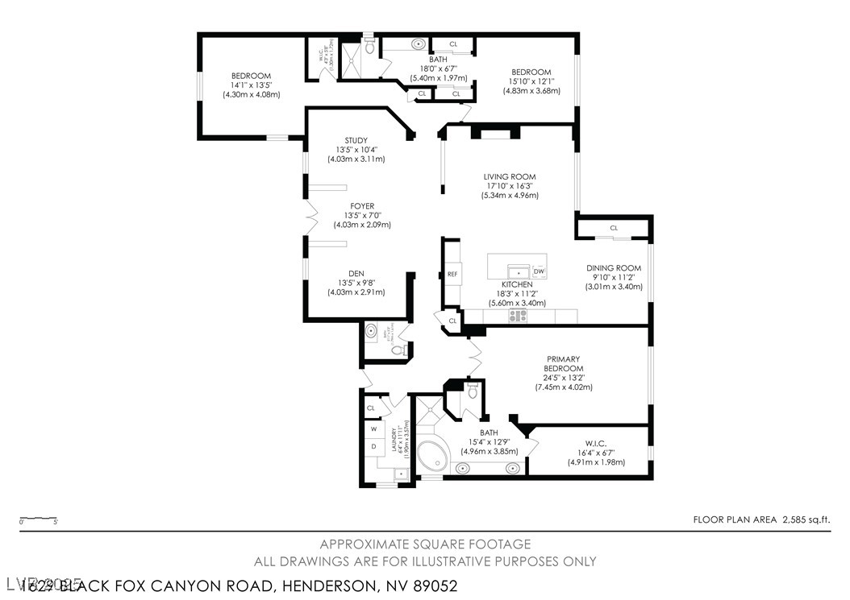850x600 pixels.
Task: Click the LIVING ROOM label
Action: pyautogui.click(x=509, y=177)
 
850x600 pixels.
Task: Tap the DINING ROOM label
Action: pyautogui.click(x=613, y=268)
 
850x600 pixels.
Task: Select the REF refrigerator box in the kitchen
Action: pyautogui.click(x=452, y=274)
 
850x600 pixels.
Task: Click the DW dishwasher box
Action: pyautogui.click(x=539, y=271)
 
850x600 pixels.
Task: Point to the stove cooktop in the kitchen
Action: pyautogui.click(x=517, y=317)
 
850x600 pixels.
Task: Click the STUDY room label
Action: pyautogui.click(x=356, y=141)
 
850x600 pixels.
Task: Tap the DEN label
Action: pyautogui.click(x=356, y=273)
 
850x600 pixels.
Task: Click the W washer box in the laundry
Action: pyautogui.click(x=374, y=428)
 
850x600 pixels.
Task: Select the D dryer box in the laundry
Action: pyautogui.click(x=374, y=445)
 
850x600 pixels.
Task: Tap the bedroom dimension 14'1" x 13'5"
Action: pyautogui.click(x=251, y=85)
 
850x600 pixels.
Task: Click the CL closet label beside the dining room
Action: pyautogui.click(x=614, y=228)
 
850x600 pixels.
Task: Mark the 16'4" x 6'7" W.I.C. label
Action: pyautogui.click(x=597, y=453)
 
